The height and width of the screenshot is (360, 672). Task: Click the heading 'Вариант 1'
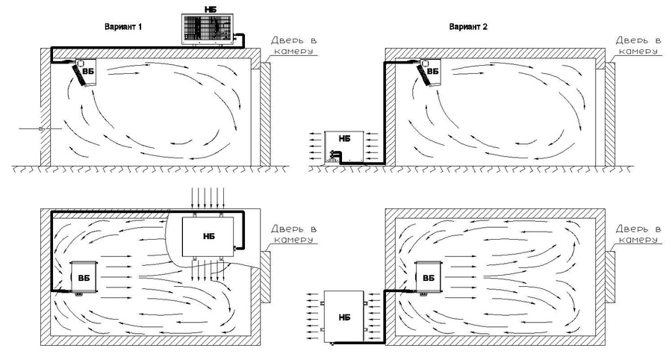123,27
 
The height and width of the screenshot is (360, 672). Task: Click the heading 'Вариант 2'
468,27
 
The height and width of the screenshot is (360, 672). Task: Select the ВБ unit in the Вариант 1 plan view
84,278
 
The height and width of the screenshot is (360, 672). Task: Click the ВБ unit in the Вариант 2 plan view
428,278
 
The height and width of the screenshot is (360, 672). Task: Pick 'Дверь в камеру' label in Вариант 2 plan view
638,235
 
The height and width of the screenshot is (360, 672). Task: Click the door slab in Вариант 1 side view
265,114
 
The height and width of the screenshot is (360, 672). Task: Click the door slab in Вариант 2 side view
610,114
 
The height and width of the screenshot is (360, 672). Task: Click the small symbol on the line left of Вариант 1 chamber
41,128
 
